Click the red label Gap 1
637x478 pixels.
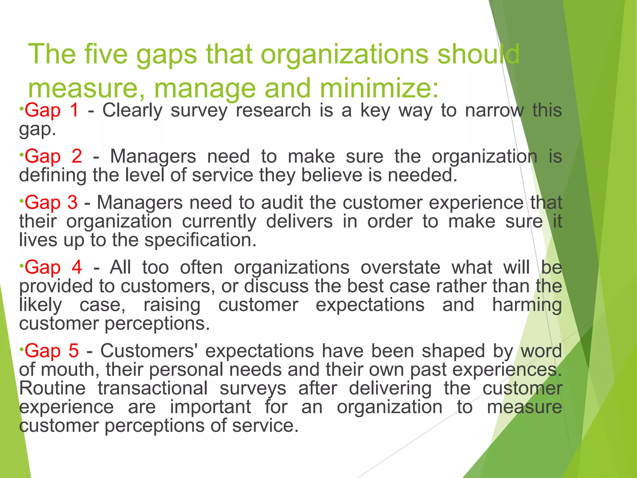[x=51, y=111]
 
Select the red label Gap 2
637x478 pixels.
[x=53, y=157]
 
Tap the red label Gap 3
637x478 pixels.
[x=51, y=203]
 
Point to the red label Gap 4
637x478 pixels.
[x=53, y=268]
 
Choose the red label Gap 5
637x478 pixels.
[x=52, y=351]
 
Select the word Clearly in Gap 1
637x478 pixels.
[x=133, y=111]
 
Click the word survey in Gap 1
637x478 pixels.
[x=199, y=111]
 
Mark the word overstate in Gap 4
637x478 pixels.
[x=400, y=268]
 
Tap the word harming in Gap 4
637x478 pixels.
[x=527, y=305]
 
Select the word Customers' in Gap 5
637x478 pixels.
[x=149, y=351]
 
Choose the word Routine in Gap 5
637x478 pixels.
[x=52, y=388]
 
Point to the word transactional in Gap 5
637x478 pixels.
[x=153, y=388]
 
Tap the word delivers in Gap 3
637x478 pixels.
[x=299, y=222]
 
